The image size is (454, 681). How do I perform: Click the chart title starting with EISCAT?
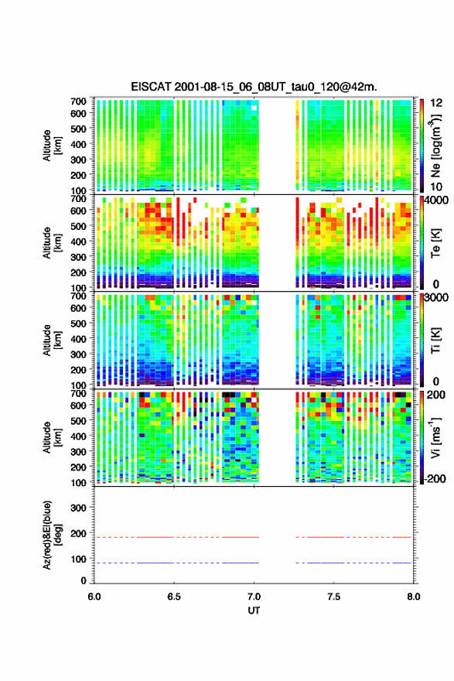click(254, 87)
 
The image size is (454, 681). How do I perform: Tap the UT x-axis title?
click(254, 611)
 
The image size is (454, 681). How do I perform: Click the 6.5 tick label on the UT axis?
click(174, 597)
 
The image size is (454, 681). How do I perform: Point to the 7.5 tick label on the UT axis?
click(334, 597)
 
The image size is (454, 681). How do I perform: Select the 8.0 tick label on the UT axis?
click(414, 597)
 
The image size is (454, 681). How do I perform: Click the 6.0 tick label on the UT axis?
click(94, 597)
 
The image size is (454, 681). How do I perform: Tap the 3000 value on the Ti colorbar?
click(435, 297)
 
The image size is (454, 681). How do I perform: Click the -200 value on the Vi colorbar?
click(434, 478)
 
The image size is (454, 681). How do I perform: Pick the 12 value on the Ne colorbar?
click(436, 103)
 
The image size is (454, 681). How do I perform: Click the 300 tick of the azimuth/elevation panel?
click(79, 508)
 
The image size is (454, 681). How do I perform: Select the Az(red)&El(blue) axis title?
click(52, 535)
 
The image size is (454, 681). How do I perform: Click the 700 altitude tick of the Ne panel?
click(79, 101)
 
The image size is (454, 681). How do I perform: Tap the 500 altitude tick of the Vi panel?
click(79, 420)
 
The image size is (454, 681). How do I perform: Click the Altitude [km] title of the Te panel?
click(52, 243)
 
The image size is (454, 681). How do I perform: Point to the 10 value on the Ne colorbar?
click(435, 187)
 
